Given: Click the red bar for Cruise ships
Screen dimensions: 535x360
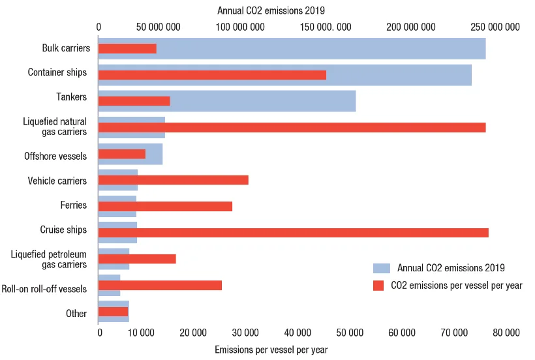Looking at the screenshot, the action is [294, 232].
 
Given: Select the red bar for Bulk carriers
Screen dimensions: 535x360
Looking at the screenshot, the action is [128, 48].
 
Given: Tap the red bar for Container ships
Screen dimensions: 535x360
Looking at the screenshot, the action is [212, 75].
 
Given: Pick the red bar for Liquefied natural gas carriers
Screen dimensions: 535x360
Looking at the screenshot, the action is [292, 128].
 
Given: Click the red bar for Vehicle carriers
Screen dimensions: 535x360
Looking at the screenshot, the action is [174, 180].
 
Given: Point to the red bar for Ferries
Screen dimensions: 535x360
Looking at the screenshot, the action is [166, 206].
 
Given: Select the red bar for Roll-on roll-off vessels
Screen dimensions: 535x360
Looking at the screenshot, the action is [160, 286].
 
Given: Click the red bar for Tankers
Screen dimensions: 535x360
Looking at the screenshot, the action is [134, 101].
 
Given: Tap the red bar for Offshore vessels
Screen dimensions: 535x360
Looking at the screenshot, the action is [122, 154].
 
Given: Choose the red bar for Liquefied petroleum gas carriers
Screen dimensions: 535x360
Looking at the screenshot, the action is [137, 259].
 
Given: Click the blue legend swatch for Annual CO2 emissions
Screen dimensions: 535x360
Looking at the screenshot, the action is [382, 268].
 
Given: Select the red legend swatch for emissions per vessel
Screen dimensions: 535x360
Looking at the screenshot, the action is [378, 286].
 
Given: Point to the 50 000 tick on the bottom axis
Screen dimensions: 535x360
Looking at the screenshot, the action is [350, 333].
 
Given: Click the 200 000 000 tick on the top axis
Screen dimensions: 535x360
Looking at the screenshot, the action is [411, 27].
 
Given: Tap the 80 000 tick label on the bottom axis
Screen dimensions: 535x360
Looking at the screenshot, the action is [506, 333].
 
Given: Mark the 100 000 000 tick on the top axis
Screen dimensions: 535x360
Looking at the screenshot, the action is [240, 27].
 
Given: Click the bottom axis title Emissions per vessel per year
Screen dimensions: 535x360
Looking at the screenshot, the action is [271, 350].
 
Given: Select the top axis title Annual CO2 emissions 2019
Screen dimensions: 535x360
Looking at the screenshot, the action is [271, 10].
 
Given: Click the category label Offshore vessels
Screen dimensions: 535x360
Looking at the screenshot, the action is [55, 156].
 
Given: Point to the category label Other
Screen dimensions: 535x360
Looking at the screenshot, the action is [76, 313].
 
